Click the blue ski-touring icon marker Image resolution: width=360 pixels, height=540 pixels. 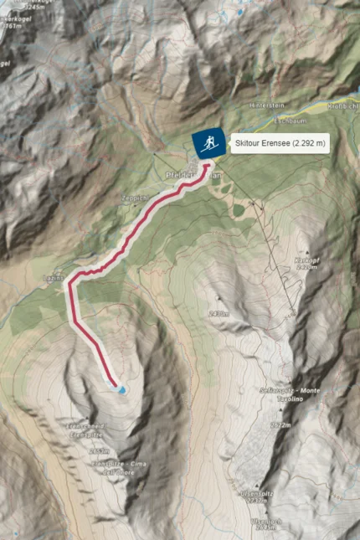pyautogui.click(x=206, y=143)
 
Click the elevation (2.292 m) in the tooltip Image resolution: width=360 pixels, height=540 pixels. pyautogui.click(x=307, y=144)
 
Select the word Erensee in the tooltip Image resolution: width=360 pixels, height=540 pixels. pyautogui.click(x=275, y=144)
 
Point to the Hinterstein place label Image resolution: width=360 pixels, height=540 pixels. pyautogui.click(x=265, y=105)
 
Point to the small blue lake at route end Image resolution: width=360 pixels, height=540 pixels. pyautogui.click(x=122, y=389)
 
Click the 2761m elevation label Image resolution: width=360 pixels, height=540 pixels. pyautogui.click(x=12, y=26)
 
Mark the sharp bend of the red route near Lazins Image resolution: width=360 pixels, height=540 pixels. pyautogui.click(x=71, y=279)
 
